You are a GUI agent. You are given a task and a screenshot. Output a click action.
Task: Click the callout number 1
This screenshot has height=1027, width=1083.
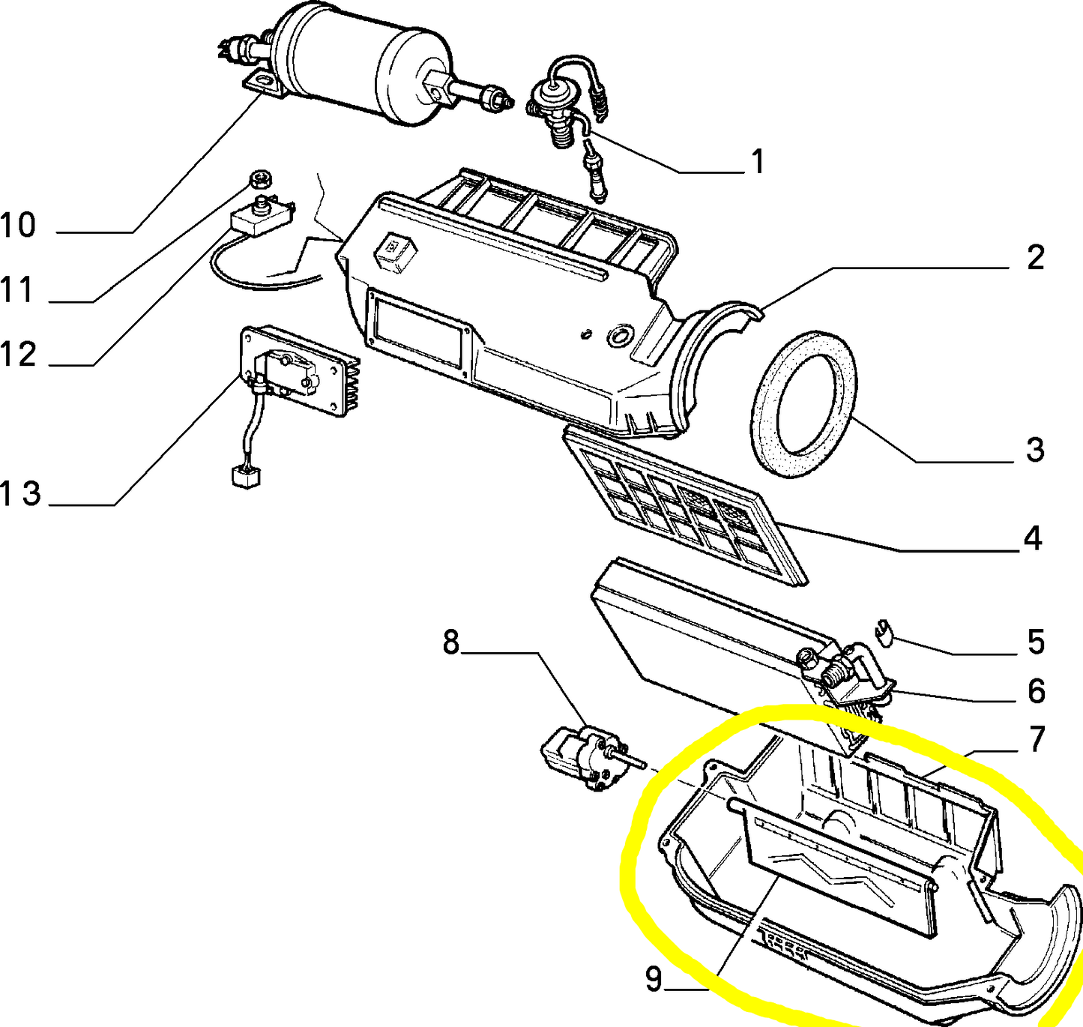pos(758,161)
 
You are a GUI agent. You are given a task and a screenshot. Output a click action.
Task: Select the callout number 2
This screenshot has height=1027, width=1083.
pos(1035,258)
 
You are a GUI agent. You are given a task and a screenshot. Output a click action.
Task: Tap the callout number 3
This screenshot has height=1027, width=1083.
pos(1035,450)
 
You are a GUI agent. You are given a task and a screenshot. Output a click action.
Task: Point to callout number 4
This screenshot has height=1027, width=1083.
pos(1033,538)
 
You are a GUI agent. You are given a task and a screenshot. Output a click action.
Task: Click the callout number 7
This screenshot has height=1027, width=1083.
pos(1037,739)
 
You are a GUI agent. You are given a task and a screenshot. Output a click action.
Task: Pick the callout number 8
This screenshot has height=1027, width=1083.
pos(450,642)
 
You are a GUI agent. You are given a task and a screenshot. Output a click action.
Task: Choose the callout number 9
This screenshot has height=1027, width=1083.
pos(654,978)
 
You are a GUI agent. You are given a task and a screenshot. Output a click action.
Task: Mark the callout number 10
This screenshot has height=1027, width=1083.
pos(18,225)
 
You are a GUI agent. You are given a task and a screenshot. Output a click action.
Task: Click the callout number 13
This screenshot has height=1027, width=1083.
pos(20,494)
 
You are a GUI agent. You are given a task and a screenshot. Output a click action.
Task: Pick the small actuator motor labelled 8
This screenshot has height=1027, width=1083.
pos(588,756)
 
